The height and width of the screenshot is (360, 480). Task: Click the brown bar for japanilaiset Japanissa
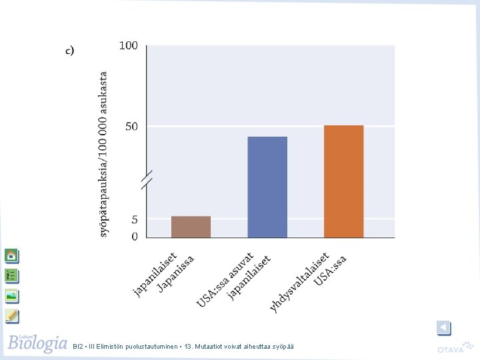pyautogui.click(x=191, y=227)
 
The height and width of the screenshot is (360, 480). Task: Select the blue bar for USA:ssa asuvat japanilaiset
pyautogui.click(x=267, y=187)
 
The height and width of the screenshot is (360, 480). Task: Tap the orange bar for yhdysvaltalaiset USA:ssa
pyautogui.click(x=344, y=181)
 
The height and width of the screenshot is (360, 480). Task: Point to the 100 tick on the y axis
pyautogui.click(x=128, y=45)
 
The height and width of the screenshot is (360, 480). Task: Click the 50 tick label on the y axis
pyautogui.click(x=131, y=127)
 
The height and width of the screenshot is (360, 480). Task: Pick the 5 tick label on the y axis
pyautogui.click(x=135, y=219)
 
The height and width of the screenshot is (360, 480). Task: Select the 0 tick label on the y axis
pyautogui.click(x=135, y=236)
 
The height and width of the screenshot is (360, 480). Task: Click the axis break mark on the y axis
pyautogui.click(x=147, y=180)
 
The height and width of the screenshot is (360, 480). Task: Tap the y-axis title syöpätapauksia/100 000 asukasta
pyautogui.click(x=103, y=154)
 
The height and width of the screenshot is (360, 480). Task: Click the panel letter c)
pyautogui.click(x=70, y=51)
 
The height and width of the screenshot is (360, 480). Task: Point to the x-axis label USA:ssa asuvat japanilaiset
pyautogui.click(x=233, y=279)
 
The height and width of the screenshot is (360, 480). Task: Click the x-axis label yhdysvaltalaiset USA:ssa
pyautogui.click(x=308, y=281)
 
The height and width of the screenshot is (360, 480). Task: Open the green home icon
pyautogui.click(x=11, y=255)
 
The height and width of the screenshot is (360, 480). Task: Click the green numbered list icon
pyautogui.click(x=11, y=275)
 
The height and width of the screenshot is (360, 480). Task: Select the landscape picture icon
pyautogui.click(x=11, y=296)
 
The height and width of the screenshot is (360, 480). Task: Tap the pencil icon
pyautogui.click(x=11, y=316)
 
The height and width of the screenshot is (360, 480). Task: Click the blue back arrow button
pyautogui.click(x=443, y=328)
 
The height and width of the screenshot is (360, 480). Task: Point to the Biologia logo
pyautogui.click(x=37, y=343)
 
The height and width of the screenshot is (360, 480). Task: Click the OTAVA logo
pyautogui.click(x=455, y=348)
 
